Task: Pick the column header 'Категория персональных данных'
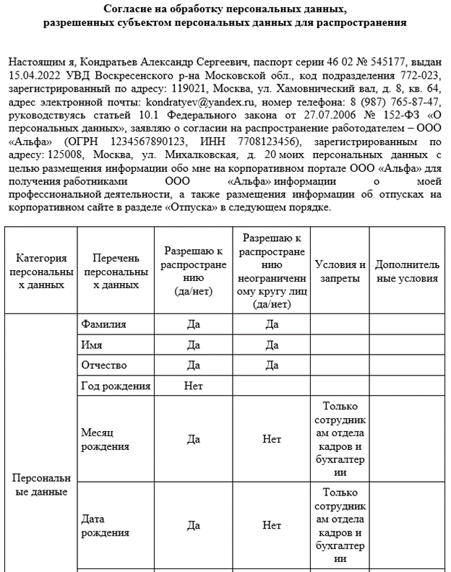coord(41,271)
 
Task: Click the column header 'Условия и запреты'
coord(341,271)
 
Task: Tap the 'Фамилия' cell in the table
coord(104,324)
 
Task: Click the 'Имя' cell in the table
coord(92,344)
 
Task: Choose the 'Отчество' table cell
coord(104,365)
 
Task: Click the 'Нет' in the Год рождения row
coord(193,386)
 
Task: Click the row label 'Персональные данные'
coord(41,485)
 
